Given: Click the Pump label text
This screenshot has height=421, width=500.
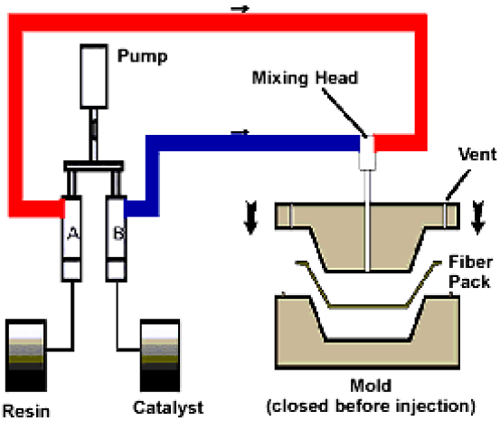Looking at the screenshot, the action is pos(142,56).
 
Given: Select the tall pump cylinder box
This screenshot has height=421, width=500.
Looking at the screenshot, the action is pos(93,76).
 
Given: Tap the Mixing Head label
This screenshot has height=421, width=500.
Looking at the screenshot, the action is pos(306,78).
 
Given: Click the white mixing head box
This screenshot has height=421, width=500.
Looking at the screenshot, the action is pos(367,153).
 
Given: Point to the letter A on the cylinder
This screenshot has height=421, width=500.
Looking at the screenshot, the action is pos(73,234).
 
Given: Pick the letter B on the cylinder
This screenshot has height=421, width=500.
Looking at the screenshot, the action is pos(119,234).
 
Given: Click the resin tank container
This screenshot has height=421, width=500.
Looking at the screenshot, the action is pos(26,355).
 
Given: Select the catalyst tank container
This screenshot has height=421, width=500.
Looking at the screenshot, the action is pos(160,355).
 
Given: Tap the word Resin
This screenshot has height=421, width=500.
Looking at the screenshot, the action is pos(26,411).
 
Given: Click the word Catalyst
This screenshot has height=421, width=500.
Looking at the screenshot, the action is pos(168,408).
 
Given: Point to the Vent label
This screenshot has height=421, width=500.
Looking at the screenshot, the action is pos(477,154).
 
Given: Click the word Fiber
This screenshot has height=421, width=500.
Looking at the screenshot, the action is pos(470,262).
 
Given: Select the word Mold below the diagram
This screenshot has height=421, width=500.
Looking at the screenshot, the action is pos(371,386).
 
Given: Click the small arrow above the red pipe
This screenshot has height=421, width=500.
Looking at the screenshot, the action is pos(240,9).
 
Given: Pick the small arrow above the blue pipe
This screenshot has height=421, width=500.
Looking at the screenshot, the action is pos(240,131).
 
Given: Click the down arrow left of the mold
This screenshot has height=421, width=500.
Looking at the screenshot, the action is pos(250,217).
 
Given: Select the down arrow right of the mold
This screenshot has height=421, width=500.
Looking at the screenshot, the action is pos(478,217).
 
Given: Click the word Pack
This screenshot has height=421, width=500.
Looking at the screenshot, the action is pos(469,282).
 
